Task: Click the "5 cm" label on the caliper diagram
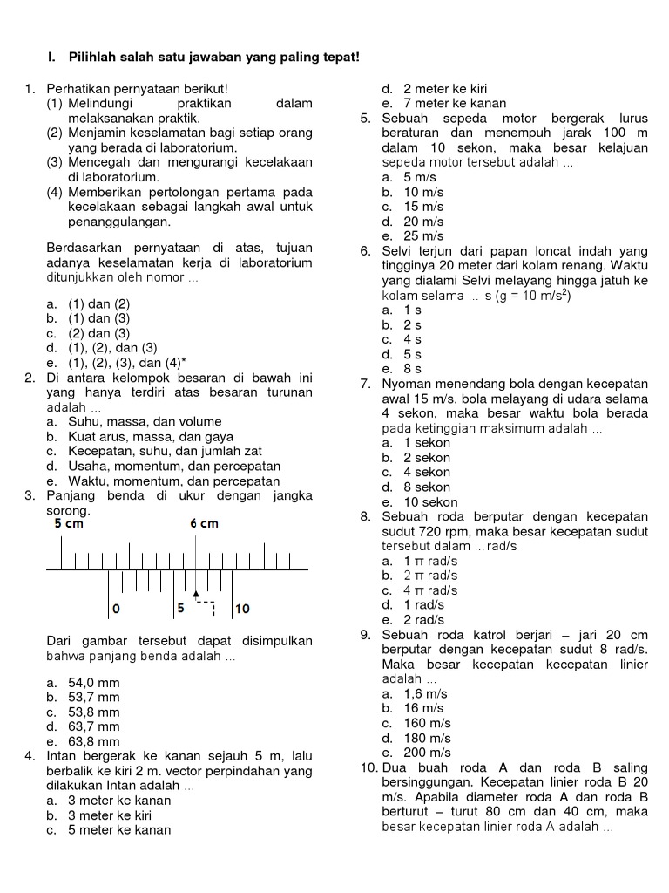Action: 69,524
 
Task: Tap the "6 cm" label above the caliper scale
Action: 204,524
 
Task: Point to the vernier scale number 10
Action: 242,608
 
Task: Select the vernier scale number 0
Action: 116,608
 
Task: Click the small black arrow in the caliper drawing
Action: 196,593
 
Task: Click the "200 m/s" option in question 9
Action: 427,753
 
